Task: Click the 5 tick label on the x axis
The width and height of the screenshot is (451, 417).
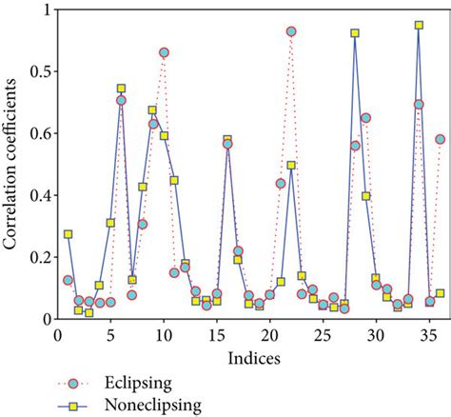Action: tap(110, 336)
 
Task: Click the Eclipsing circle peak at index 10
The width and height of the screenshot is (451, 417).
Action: tap(164, 52)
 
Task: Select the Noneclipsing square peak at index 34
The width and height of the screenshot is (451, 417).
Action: tap(419, 25)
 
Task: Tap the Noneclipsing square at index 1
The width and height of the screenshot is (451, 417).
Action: tap(68, 233)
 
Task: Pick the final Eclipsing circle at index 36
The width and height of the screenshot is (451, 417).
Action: tap(440, 139)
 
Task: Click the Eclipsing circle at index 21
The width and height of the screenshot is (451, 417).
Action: tap(281, 183)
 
